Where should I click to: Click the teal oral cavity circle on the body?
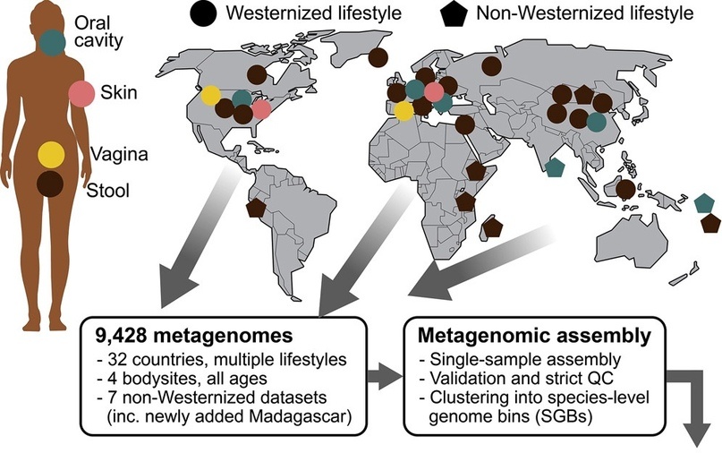click(x=52, y=42)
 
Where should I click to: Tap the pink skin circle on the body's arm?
click(x=82, y=93)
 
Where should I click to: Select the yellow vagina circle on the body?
click(x=51, y=154)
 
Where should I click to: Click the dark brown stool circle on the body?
click(x=50, y=184)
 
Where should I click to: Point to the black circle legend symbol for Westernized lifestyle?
click(x=203, y=13)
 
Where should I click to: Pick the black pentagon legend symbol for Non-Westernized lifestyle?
click(x=454, y=14)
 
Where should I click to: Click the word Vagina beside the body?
click(x=119, y=154)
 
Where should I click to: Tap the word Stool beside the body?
click(x=108, y=191)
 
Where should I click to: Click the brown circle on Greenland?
click(x=378, y=57)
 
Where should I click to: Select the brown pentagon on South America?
click(x=256, y=209)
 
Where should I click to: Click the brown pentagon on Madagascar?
click(x=493, y=227)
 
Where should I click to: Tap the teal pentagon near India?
click(x=555, y=167)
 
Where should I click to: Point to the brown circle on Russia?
click(x=492, y=66)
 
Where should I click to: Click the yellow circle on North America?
click(x=211, y=96)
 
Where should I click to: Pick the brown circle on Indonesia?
click(x=625, y=190)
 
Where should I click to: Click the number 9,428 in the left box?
click(x=122, y=336)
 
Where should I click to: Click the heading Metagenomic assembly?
click(x=534, y=336)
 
